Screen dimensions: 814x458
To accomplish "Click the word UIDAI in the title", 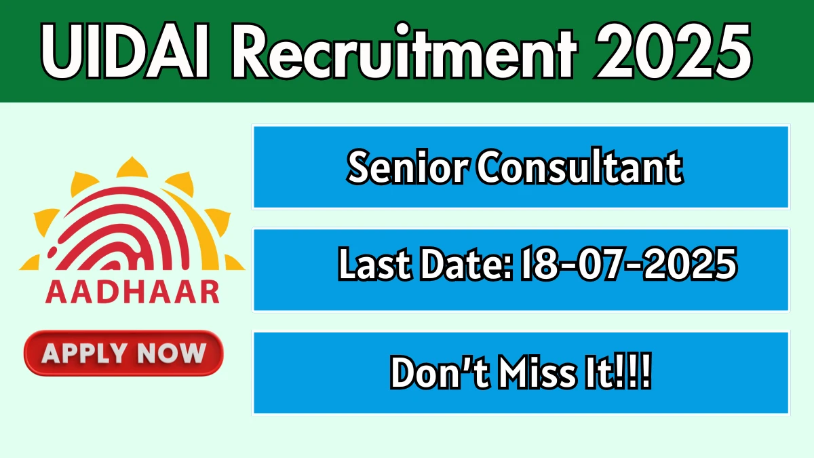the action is pyautogui.click(x=125, y=50).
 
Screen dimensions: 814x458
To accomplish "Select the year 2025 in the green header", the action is pyautogui.click(x=673, y=50).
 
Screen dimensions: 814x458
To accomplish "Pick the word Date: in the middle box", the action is pyautogui.click(x=466, y=263).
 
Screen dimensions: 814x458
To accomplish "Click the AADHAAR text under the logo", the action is pyautogui.click(x=132, y=292).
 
